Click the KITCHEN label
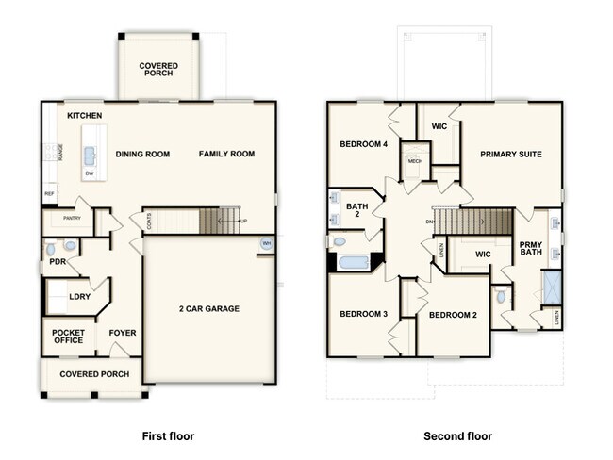coord(85,115)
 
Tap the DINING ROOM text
coord(142,154)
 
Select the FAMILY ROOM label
coord(226,154)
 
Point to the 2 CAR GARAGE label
coord(208,308)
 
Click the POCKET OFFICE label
coord(68,337)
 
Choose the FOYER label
coord(123,332)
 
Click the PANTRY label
coord(72,219)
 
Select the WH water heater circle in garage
coord(266,243)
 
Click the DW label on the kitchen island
coord(90,173)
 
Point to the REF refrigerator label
coord(49,194)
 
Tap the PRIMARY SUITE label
coord(510,154)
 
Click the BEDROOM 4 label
coord(364,143)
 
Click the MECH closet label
coord(415,161)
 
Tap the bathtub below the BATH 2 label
coord(355,261)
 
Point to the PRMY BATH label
coord(530,249)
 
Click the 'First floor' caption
coord(168,436)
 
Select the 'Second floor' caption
coord(457,436)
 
